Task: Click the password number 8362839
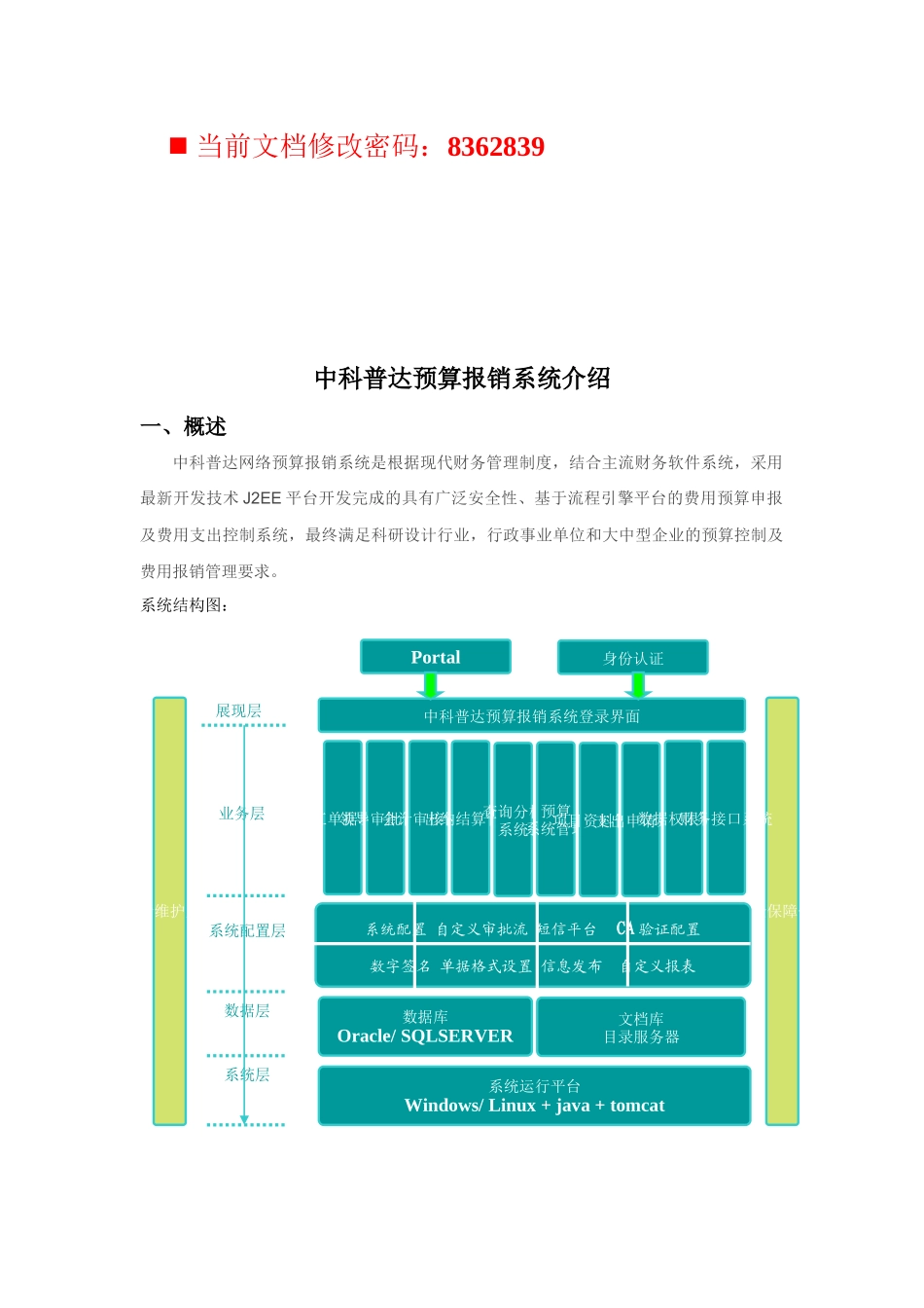click(495, 147)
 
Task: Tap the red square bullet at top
click(178, 146)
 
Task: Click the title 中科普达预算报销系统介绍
click(462, 379)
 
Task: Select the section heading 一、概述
click(184, 426)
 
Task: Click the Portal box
click(435, 657)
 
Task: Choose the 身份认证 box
click(633, 658)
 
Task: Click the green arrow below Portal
click(430, 686)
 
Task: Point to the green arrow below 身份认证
click(638, 686)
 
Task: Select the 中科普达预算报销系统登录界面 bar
click(531, 716)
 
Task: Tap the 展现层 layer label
click(238, 711)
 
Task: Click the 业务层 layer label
click(241, 814)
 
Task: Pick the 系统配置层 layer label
click(247, 931)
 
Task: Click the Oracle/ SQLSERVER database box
click(425, 1027)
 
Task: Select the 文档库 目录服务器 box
click(641, 1028)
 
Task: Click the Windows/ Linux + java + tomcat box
click(534, 1096)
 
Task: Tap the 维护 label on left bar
click(169, 911)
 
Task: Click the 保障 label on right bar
click(782, 911)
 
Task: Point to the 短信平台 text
click(567, 929)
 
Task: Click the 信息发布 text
click(572, 966)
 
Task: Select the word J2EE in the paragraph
click(262, 498)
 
